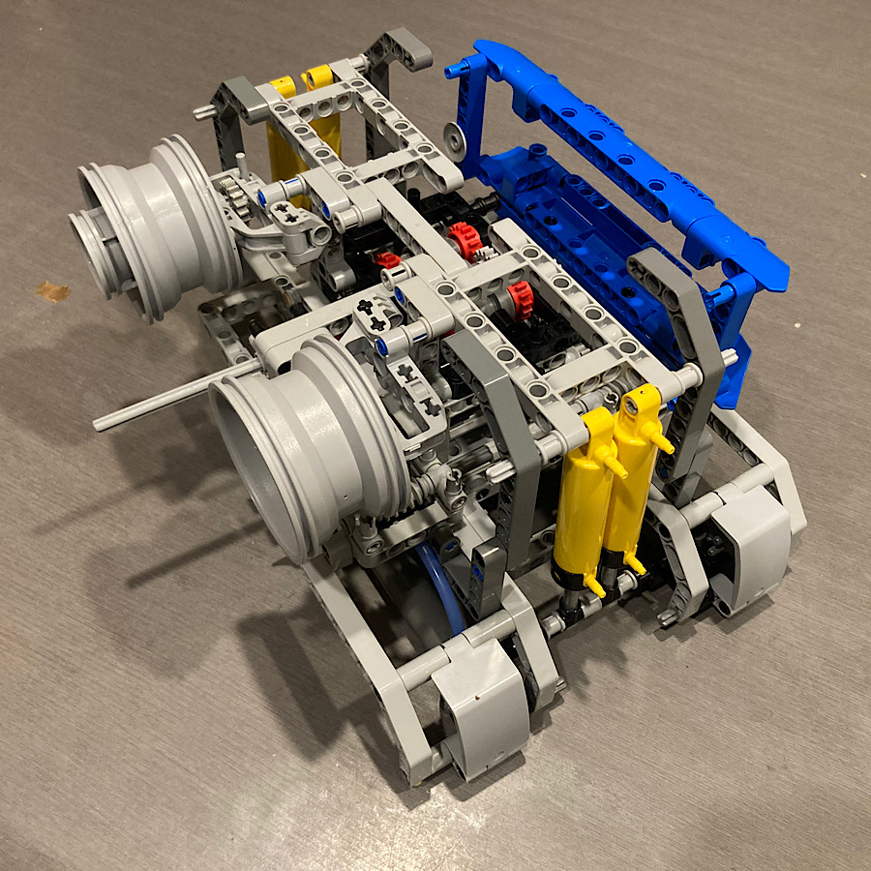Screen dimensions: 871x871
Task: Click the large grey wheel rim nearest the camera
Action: tap(300, 445)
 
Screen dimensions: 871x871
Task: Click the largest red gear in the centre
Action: tap(463, 237)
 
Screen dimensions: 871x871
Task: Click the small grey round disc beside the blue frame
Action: tap(452, 135)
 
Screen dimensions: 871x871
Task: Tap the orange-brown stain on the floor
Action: tap(53, 290)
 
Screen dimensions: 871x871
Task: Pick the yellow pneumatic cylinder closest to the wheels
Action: tap(583, 494)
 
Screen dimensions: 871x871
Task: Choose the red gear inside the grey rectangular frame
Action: tap(521, 300)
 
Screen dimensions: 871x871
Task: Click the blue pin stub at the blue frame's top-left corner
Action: tap(454, 70)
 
